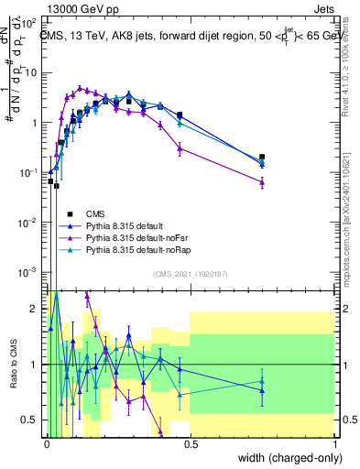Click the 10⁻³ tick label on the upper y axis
tap(30, 273)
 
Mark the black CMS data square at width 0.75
tap(263, 158)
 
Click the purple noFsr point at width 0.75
tap(263, 182)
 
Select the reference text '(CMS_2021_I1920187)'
tap(191, 274)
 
